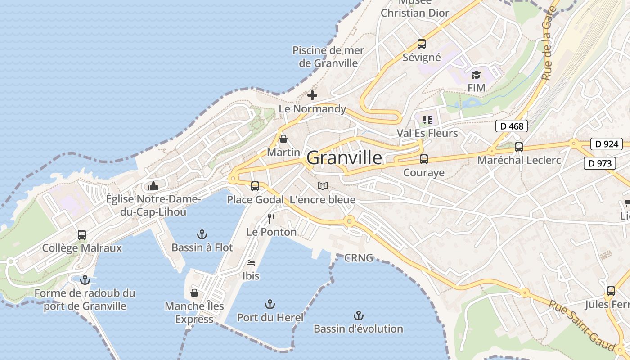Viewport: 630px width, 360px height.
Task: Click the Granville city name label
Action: pyautogui.click(x=345, y=158)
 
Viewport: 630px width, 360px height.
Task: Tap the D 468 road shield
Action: pyautogui.click(x=512, y=126)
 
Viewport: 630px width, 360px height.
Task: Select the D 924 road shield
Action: pyautogui.click(x=607, y=144)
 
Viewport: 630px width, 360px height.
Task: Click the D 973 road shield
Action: pyautogui.click(x=600, y=163)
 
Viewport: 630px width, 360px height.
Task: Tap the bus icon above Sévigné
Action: pyautogui.click(x=421, y=44)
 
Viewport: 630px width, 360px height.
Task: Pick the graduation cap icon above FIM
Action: pyautogui.click(x=476, y=75)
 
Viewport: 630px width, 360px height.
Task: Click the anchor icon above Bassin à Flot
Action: pyautogui.click(x=202, y=234)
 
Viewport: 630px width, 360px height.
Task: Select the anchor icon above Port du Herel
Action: pyautogui.click(x=270, y=304)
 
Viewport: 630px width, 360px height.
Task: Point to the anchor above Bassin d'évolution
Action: pyautogui.click(x=358, y=315)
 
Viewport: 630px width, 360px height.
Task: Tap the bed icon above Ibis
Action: pyautogui.click(x=251, y=262)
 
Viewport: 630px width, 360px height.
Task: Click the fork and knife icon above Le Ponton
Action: pyautogui.click(x=271, y=219)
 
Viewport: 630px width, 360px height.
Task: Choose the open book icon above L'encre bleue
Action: pyautogui.click(x=322, y=186)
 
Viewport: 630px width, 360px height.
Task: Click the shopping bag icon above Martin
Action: pyautogui.click(x=283, y=139)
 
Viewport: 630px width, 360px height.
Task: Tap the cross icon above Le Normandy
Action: pyautogui.click(x=312, y=95)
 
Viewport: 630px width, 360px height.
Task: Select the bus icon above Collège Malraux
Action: pyautogui.click(x=82, y=234)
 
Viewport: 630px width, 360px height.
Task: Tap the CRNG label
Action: pyautogui.click(x=359, y=258)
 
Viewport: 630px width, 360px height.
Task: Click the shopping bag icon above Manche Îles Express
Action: pyautogui.click(x=194, y=293)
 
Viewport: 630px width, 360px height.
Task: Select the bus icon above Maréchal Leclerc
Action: pyautogui.click(x=518, y=147)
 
